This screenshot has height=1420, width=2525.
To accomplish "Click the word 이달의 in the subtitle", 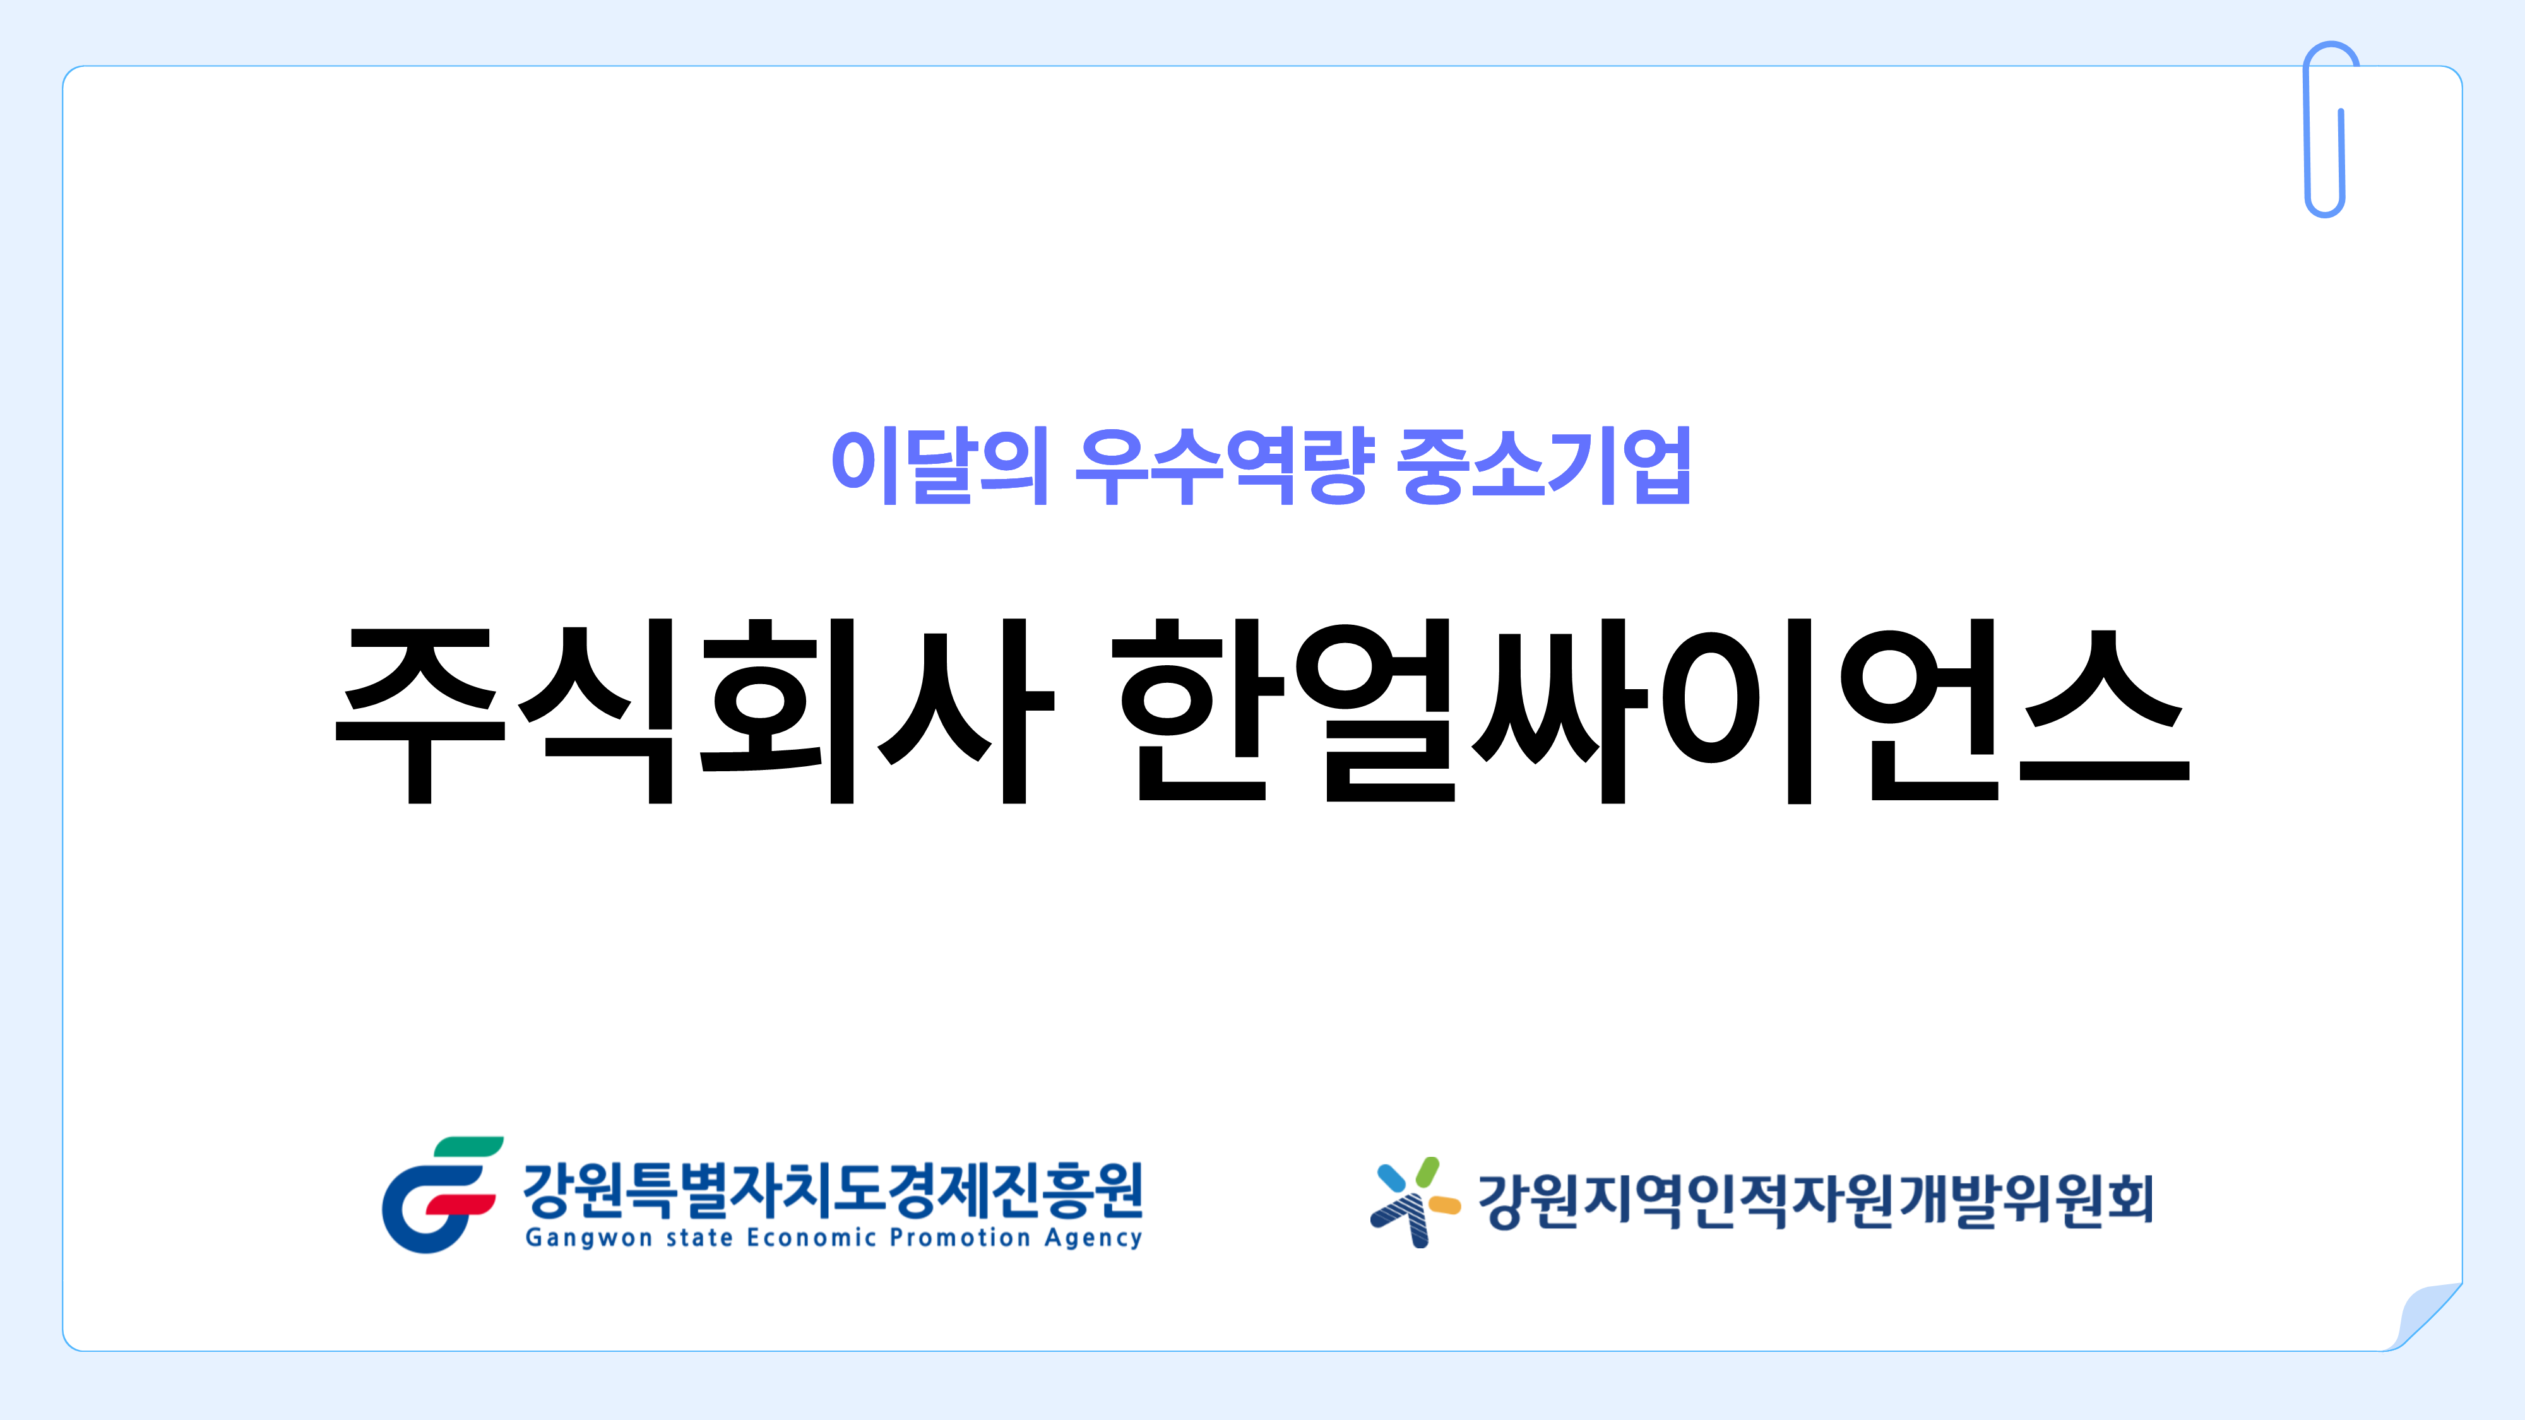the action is [x=940, y=466].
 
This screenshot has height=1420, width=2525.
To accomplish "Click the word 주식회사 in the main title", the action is [x=695, y=711].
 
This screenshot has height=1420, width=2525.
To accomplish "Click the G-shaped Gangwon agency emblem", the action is [x=441, y=1195].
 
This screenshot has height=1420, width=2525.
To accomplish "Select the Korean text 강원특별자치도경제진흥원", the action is [x=833, y=1189].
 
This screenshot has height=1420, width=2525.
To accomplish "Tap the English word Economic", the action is [x=811, y=1238].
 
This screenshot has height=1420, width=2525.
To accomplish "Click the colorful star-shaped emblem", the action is [x=1415, y=1202].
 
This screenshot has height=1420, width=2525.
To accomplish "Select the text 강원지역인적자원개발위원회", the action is [x=1815, y=1200].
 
